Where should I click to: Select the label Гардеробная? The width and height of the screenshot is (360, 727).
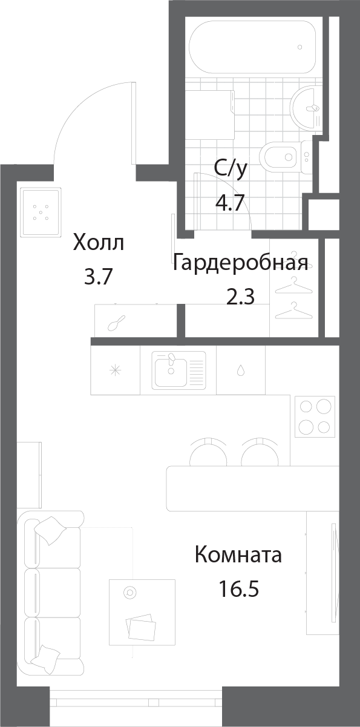tap(240, 263)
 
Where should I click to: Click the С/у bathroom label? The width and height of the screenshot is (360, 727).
tap(231, 169)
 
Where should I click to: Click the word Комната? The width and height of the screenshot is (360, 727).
tap(238, 554)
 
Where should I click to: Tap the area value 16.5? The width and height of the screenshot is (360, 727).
tap(238, 588)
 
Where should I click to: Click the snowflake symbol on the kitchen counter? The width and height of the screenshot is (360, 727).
tap(114, 370)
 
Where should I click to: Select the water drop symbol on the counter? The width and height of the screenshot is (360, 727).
tap(240, 370)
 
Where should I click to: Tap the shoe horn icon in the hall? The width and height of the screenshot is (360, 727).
tap(116, 324)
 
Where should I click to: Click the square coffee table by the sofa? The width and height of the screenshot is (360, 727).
tap(142, 612)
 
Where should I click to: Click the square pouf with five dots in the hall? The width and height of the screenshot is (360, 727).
tap(41, 212)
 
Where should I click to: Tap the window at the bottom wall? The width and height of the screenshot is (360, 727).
tap(137, 702)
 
